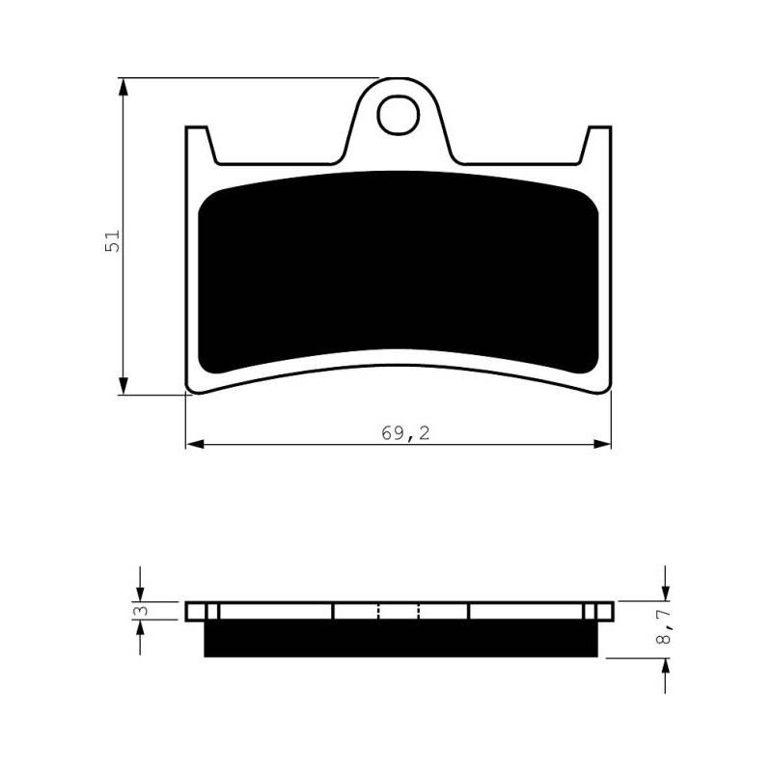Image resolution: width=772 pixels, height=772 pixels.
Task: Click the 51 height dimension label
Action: tap(112, 240)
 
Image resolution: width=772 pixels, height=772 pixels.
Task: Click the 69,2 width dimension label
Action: tap(405, 433)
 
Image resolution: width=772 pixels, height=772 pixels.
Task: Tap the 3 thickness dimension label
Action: tap(142, 611)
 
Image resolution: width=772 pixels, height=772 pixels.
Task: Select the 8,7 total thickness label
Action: tap(664, 626)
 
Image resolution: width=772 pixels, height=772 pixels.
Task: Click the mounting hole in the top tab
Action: tap(399, 115)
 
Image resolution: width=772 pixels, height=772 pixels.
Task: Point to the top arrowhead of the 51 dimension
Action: tap(124, 87)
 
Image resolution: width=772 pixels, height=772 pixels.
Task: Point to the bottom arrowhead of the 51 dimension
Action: tap(124, 385)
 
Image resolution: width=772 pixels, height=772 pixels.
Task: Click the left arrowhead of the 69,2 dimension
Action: tap(195, 444)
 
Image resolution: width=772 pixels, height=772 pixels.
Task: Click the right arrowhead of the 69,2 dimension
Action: tap(602, 444)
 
